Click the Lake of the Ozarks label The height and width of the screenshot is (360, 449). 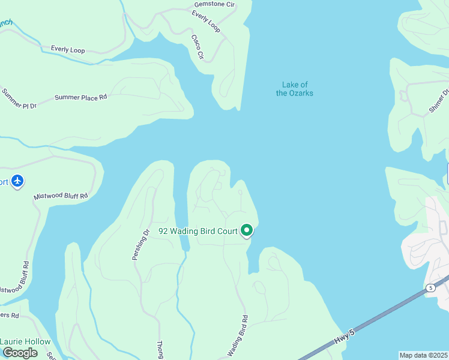295,89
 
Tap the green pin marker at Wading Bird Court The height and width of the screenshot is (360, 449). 246,230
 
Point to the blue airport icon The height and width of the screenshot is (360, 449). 17,181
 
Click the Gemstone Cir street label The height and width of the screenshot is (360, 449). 214,4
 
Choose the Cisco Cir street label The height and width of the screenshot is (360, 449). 197,47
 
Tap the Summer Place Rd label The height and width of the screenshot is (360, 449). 80,97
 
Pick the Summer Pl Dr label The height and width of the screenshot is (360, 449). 19,98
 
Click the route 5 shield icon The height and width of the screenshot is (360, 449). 430,288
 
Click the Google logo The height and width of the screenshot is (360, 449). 19,353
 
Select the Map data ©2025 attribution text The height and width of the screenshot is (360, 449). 423,355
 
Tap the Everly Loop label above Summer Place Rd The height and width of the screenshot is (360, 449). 68,50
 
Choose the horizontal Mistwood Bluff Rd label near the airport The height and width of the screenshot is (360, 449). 61,196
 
